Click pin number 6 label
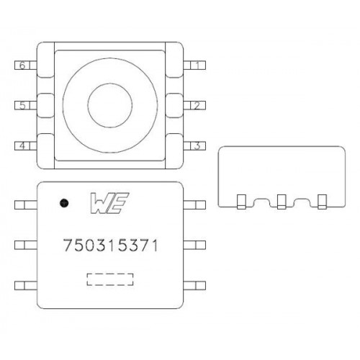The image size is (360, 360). (22, 66)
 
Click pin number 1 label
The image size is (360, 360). (197, 66)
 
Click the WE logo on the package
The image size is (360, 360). (109, 203)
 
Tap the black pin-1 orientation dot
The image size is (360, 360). (64, 203)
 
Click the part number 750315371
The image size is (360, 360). (111, 246)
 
